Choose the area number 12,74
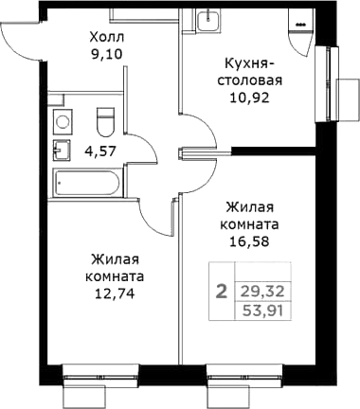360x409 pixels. [117, 294]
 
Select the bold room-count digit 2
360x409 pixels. [221, 292]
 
